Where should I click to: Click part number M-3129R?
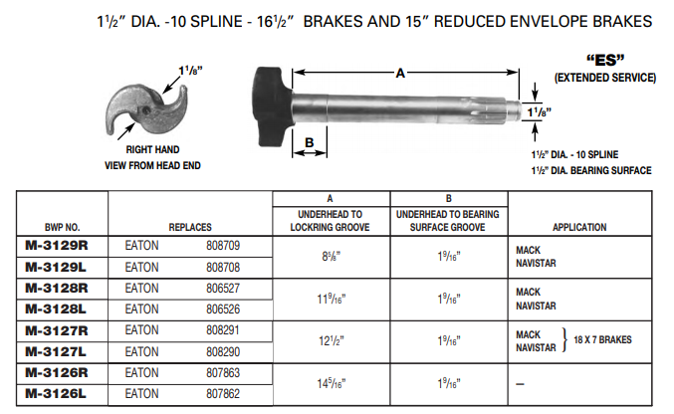[x=58, y=244]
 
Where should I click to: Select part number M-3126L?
[x=58, y=394]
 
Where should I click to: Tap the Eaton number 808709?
[x=224, y=244]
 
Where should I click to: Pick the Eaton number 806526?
[x=224, y=310]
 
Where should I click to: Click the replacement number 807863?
[x=224, y=374]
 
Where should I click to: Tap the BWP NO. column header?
[x=61, y=227]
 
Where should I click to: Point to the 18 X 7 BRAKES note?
[x=603, y=340]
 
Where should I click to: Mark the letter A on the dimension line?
[x=400, y=72]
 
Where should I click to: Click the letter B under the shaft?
[x=309, y=142]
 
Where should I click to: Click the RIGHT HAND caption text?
[x=152, y=148]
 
